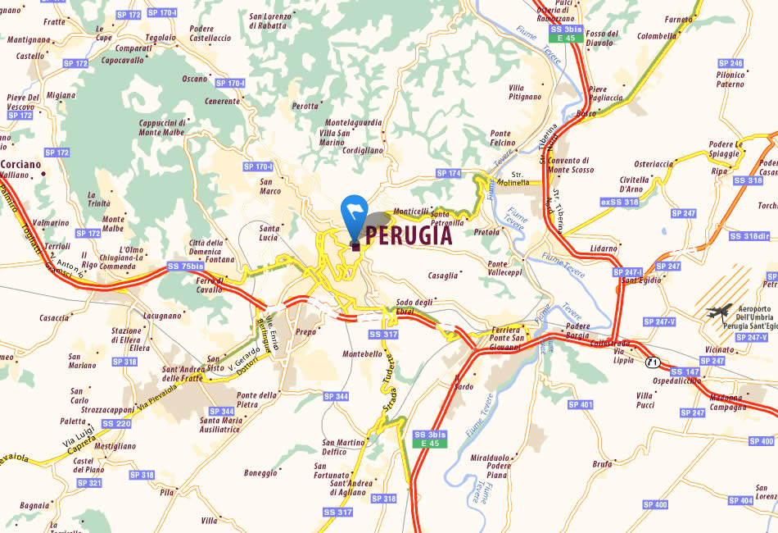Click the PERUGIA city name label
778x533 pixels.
[x=408, y=236]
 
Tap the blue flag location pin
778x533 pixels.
[x=354, y=212]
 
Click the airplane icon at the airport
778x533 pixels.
[x=720, y=312]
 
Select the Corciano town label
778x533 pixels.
[x=21, y=164]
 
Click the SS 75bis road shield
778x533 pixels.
[x=186, y=266]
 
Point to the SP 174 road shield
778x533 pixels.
[x=449, y=173]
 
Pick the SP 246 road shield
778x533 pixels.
[x=730, y=63]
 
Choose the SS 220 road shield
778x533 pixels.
[x=116, y=423]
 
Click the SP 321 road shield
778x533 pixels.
[x=89, y=483]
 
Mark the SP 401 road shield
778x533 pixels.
[x=580, y=404]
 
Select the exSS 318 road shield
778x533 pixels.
[x=619, y=202]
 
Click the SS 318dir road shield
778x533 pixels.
[x=749, y=236]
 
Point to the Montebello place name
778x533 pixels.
[x=362, y=354]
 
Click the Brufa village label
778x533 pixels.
[x=602, y=464]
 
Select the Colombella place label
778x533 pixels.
[x=657, y=36]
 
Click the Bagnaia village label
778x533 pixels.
[x=34, y=505]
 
